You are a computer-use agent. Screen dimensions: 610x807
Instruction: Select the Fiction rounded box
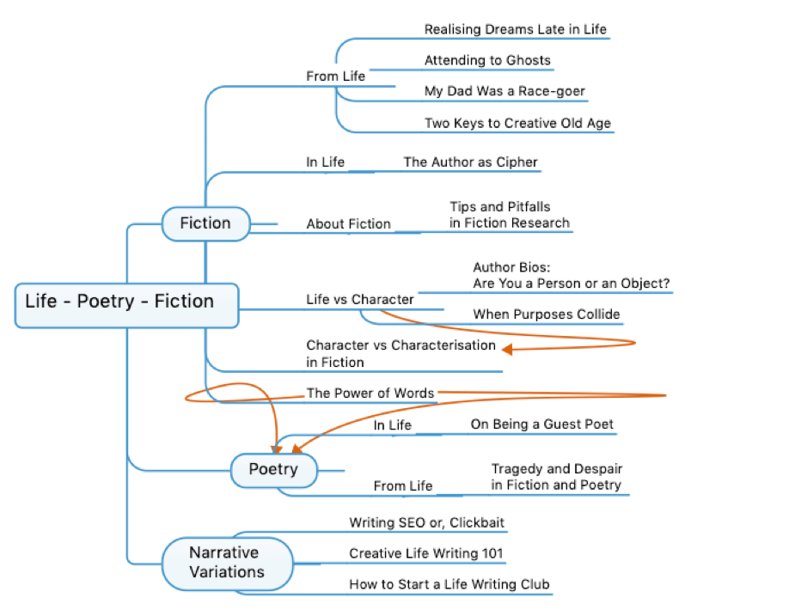click(205, 223)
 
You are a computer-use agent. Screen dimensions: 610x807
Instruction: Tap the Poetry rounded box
click(273, 469)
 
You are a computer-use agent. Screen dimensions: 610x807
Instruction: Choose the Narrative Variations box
click(227, 563)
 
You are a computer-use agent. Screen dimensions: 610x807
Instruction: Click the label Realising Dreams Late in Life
click(515, 29)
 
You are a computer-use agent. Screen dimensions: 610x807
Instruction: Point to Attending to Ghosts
click(487, 61)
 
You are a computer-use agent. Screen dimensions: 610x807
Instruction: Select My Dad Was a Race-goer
click(505, 91)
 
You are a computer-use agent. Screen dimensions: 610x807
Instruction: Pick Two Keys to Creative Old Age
click(517, 123)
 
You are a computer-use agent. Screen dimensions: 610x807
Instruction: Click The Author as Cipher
click(470, 162)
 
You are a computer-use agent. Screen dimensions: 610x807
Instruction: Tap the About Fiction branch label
click(348, 224)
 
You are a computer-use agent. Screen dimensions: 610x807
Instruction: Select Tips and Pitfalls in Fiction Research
click(509, 215)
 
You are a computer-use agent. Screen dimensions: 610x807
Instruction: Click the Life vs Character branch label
click(359, 300)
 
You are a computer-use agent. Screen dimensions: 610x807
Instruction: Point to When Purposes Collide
click(546, 314)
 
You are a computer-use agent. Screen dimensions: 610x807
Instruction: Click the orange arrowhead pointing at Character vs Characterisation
click(507, 349)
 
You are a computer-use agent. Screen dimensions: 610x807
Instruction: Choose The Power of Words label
click(370, 393)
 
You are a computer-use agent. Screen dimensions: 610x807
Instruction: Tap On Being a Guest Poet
click(541, 424)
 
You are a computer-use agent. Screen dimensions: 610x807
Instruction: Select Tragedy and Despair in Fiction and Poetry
click(556, 477)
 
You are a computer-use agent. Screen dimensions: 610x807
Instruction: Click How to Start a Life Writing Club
click(449, 585)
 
